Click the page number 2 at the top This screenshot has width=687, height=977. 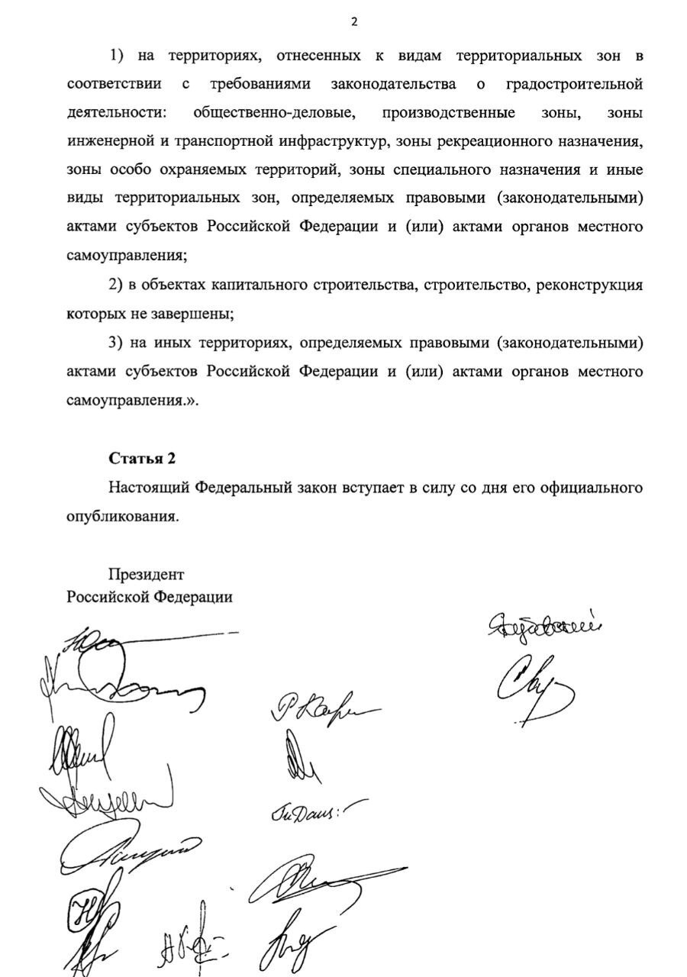coord(353,22)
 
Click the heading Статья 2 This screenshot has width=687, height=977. coord(142,459)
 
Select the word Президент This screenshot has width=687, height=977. coord(146,574)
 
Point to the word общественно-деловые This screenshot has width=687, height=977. coord(274,113)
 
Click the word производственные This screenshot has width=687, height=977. coord(448,113)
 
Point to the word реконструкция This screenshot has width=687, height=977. coord(589,285)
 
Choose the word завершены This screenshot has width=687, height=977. coord(194,314)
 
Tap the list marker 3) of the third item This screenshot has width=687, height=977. coord(115,343)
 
